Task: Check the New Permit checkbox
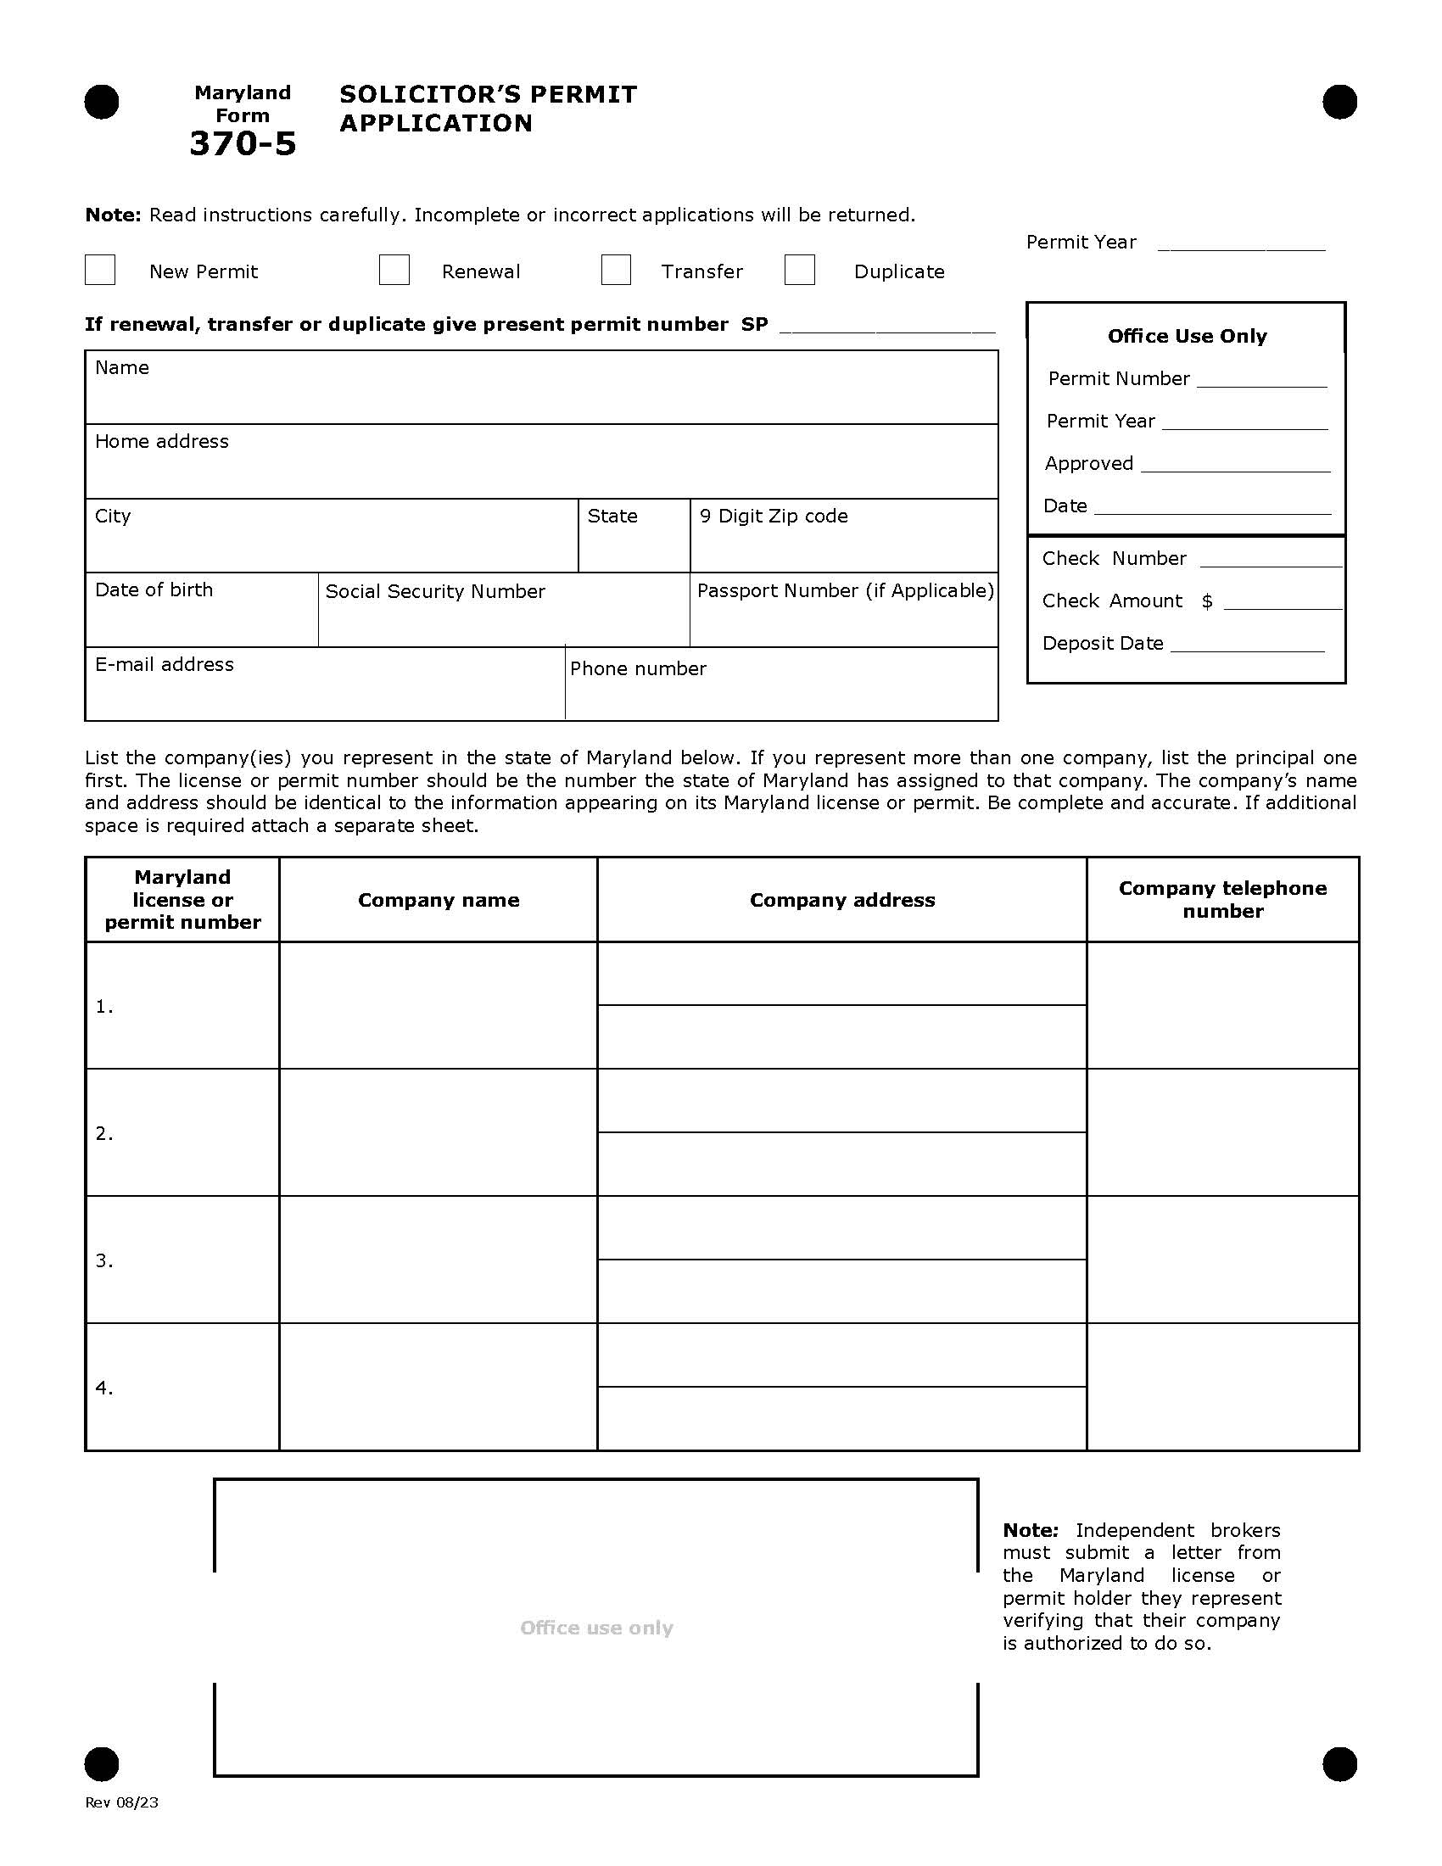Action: pos(100,270)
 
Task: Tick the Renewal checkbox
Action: pos(394,270)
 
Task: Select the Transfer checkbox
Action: pos(616,270)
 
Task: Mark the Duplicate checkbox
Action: pos(800,270)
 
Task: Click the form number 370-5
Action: pos(243,143)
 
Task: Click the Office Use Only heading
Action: pos(1187,336)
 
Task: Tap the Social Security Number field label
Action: pos(435,591)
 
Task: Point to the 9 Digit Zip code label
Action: pos(773,516)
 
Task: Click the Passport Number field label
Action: pos(845,590)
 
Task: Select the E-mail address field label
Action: pos(164,664)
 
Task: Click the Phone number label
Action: pos(638,668)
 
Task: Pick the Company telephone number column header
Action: pos(1222,899)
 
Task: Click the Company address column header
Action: pos(842,900)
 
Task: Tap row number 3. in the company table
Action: pos(104,1261)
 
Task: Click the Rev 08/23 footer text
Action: pos(121,1802)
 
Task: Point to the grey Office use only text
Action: pos(596,1628)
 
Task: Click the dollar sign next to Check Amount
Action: pos(1207,601)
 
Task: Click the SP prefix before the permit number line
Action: pos(754,324)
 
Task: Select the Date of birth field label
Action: pos(154,589)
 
